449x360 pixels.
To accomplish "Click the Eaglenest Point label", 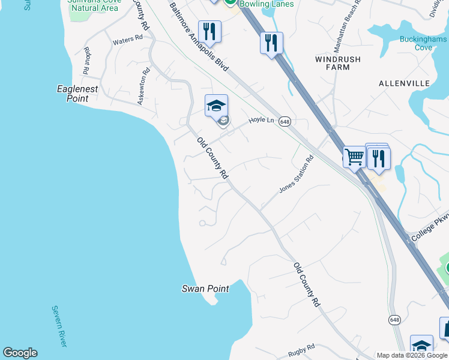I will point(77,94).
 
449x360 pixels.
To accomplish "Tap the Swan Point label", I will point(205,289).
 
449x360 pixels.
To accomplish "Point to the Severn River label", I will point(58,325).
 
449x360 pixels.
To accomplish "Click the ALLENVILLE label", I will point(405,83).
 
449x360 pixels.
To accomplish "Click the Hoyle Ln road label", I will point(262,121).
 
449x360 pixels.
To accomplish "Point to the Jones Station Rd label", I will point(297,175).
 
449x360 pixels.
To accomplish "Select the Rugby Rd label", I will point(301,350).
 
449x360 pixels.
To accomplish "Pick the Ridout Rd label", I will point(87,56).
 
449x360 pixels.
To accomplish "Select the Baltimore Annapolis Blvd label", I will point(199,38).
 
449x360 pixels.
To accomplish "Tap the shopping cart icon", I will point(354,158).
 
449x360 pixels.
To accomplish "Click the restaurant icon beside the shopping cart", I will point(378,158).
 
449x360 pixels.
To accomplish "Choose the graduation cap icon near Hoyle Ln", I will point(216,106).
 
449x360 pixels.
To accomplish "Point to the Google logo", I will point(20,353).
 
